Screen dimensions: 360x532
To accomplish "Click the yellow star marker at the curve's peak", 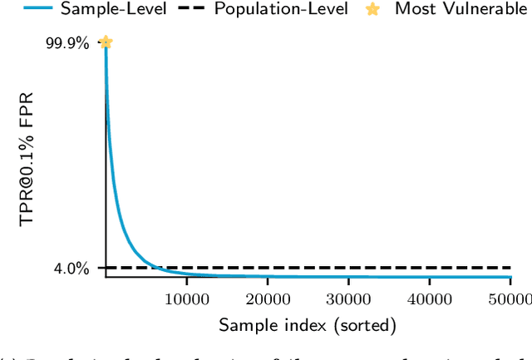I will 106,42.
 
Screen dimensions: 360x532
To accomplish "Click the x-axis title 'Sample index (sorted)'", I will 308,325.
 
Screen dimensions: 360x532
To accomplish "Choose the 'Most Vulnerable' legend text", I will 461,10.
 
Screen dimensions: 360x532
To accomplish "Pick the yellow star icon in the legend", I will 376,9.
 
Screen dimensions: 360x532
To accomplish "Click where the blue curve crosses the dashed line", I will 155,268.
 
